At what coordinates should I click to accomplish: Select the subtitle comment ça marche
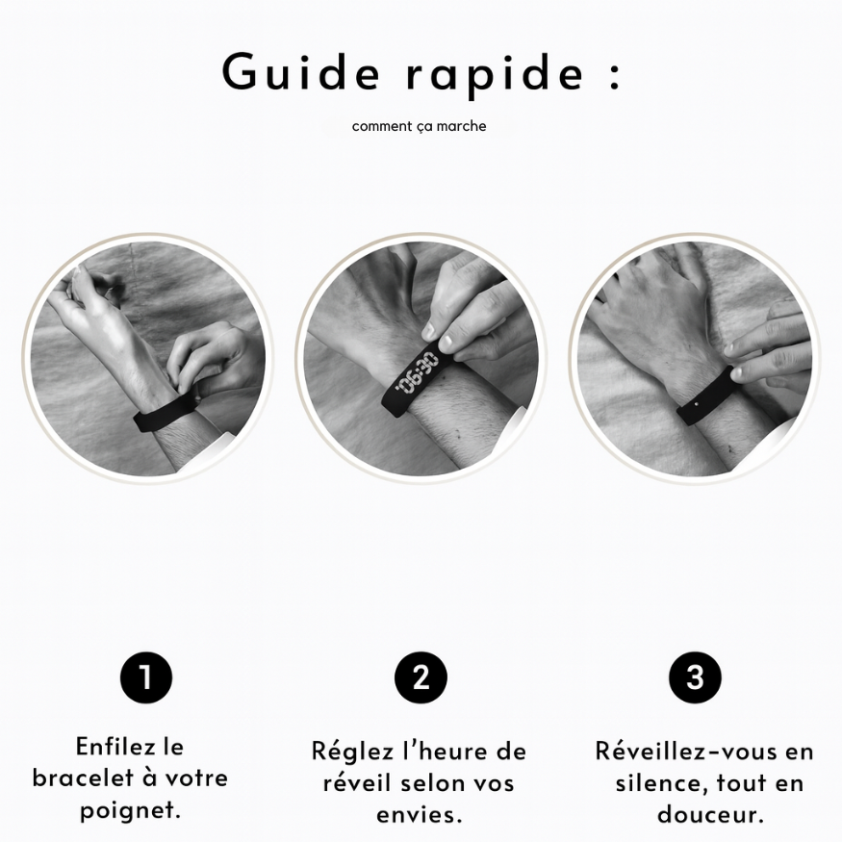tap(419, 126)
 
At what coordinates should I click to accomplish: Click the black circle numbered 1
tap(146, 677)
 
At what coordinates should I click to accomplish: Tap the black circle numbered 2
tap(421, 677)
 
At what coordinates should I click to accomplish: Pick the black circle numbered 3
tap(695, 677)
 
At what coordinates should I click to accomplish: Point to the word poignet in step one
tap(130, 810)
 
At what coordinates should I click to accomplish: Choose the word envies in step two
tap(420, 814)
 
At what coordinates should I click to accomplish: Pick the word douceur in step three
tap(710, 814)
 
